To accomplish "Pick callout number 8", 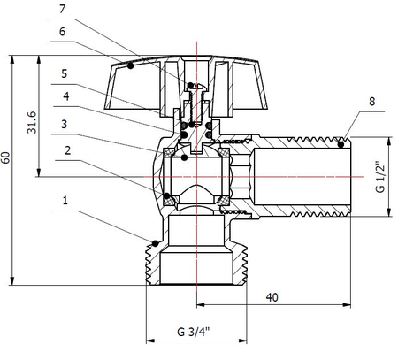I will point(371,103).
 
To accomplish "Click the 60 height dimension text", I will point(8,158).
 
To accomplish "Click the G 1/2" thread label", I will point(381,176).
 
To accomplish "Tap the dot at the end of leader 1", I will point(155,243).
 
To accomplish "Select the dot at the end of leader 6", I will point(130,65).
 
